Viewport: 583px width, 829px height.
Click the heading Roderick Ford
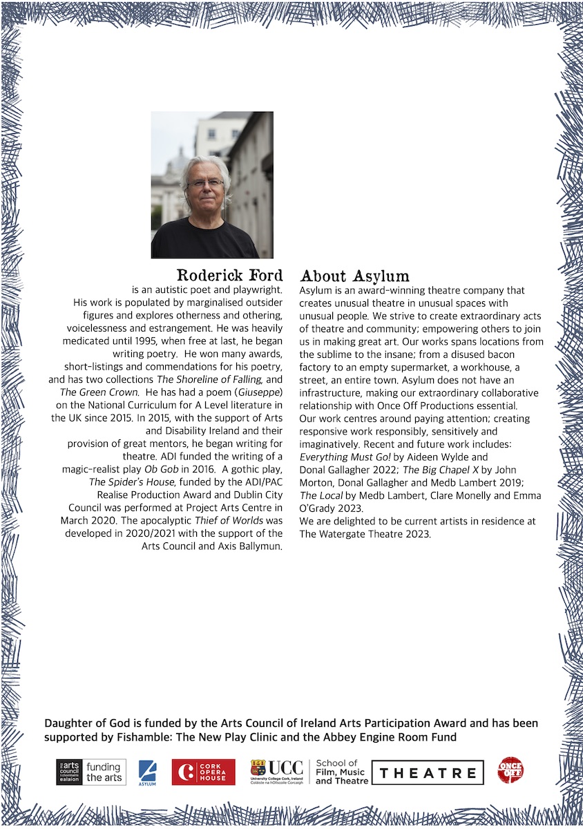(x=230, y=276)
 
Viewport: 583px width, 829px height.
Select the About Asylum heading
(x=354, y=276)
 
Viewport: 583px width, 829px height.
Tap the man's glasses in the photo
(x=205, y=183)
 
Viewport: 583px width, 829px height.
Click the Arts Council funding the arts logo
(x=91, y=772)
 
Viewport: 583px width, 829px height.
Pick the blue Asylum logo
(x=148, y=772)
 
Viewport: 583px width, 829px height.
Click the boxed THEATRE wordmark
(x=428, y=772)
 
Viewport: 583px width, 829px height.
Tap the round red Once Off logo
(x=510, y=770)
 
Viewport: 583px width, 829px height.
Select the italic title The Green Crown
(x=97, y=392)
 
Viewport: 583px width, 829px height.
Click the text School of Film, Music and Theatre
(x=342, y=772)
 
